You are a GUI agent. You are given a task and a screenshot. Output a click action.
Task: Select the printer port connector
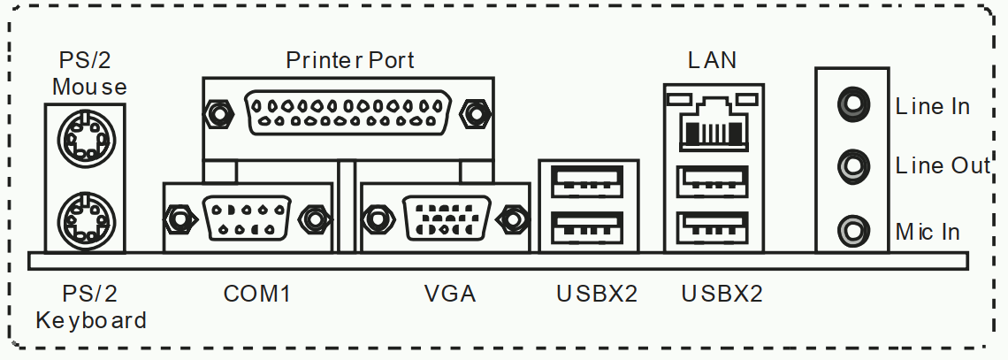point(349,112)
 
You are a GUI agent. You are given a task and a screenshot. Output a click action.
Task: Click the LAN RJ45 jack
point(714,120)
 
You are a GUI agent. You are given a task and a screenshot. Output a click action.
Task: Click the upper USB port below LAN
point(714,184)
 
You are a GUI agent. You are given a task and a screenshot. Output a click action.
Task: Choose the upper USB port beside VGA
point(588,184)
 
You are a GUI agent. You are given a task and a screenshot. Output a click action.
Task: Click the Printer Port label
point(350,60)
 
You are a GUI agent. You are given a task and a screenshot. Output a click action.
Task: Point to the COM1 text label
point(257,293)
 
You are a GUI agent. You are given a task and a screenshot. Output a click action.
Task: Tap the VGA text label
point(449,293)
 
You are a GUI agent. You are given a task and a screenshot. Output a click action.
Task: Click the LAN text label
point(713,60)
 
